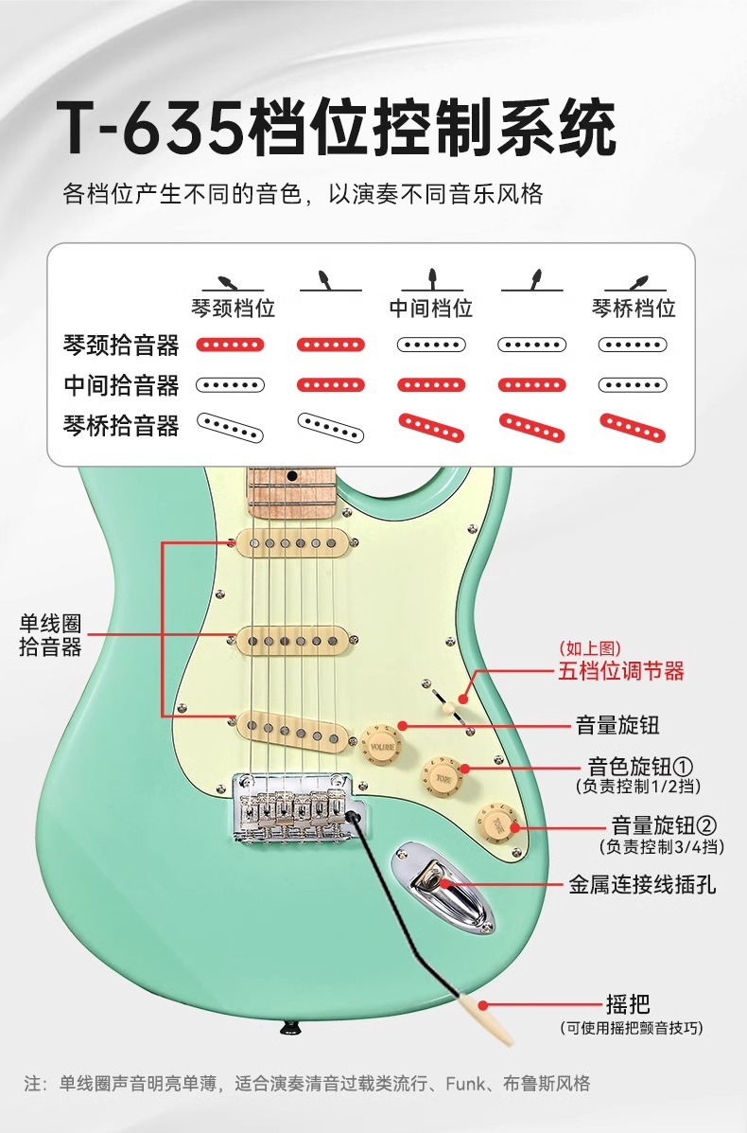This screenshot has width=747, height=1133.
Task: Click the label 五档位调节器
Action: tap(620, 671)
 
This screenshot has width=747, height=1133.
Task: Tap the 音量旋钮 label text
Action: tap(617, 726)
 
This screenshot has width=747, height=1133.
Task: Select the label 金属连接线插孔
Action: tap(642, 885)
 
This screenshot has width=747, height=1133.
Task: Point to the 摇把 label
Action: tap(628, 1005)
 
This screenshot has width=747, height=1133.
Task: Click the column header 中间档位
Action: tap(431, 309)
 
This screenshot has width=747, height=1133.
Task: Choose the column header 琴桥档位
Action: tap(634, 309)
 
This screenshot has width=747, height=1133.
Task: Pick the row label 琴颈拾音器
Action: tap(121, 345)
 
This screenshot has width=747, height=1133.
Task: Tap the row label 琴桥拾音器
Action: tap(121, 426)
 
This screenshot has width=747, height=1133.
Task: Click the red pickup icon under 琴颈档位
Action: tap(230, 345)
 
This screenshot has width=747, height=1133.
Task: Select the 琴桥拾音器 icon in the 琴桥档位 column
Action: tap(634, 427)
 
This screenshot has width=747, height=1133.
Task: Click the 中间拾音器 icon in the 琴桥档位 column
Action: tap(634, 384)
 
